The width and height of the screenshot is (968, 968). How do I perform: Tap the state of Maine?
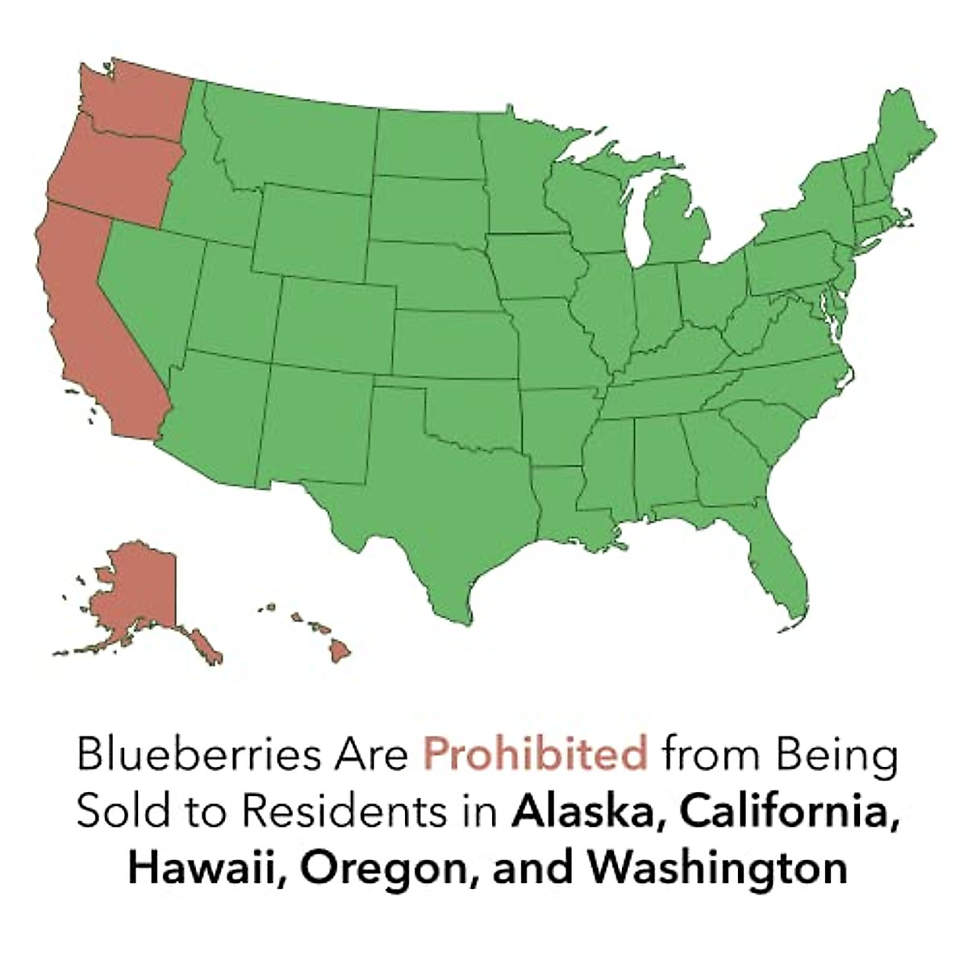point(903,137)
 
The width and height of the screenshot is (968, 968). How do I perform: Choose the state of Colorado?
point(335,319)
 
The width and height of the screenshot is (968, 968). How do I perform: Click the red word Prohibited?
point(536,755)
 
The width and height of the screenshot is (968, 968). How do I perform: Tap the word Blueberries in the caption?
point(185,755)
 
